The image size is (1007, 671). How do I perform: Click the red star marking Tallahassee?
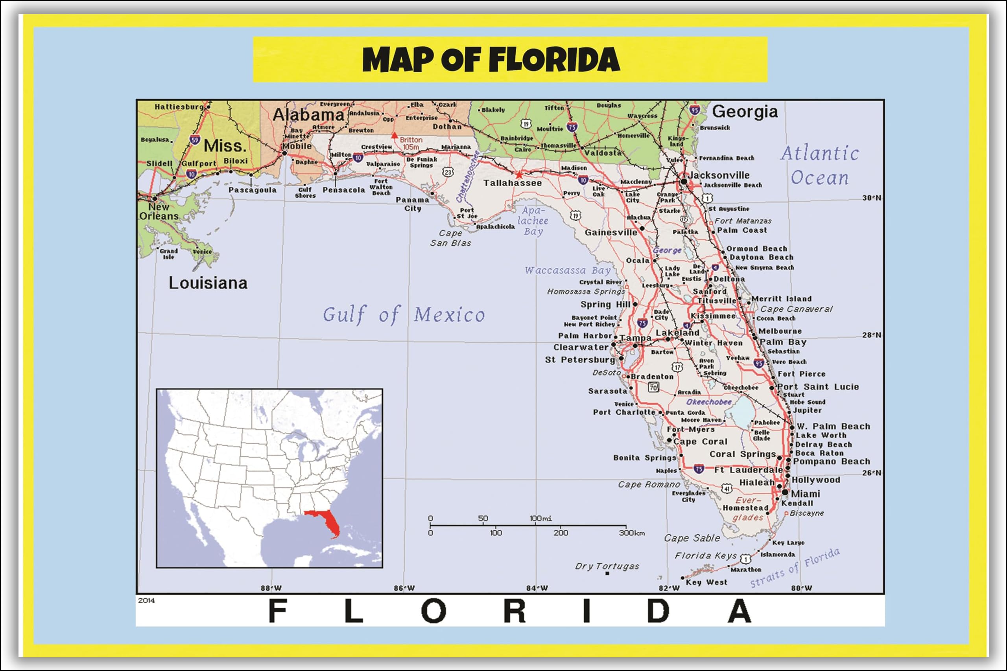(519, 175)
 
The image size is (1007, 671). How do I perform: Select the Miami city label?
(805, 493)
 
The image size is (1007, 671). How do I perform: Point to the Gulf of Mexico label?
(404, 315)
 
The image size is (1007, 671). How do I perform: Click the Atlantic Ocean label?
(819, 165)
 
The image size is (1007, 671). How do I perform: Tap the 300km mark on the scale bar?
(631, 533)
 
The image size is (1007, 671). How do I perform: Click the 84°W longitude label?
(537, 588)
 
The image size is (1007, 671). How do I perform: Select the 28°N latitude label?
(872, 335)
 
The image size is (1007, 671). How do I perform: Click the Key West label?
(706, 582)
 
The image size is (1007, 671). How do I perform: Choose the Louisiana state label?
(208, 283)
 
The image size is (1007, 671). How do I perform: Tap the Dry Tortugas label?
(607, 566)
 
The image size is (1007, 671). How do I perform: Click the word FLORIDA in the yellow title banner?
(555, 59)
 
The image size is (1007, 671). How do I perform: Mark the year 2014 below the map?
(146, 600)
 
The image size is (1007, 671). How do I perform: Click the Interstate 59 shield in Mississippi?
(195, 140)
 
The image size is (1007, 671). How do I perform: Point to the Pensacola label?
(344, 190)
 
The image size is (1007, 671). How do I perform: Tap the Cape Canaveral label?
(796, 309)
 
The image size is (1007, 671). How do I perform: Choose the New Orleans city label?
(159, 211)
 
